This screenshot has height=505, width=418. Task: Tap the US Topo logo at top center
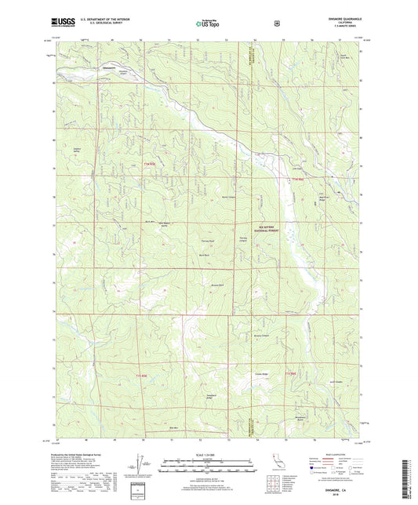coord(208,24)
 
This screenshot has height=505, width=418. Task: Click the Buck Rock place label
coord(203,256)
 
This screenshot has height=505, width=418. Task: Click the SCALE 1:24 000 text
coord(208,456)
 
